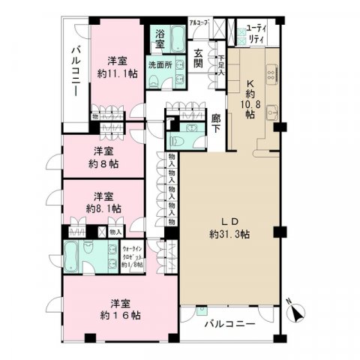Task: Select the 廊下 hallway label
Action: pyautogui.click(x=217, y=123)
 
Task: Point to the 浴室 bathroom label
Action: pyautogui.click(x=160, y=38)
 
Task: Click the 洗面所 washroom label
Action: pyautogui.click(x=160, y=64)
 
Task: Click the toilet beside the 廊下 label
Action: pyautogui.click(x=178, y=139)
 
